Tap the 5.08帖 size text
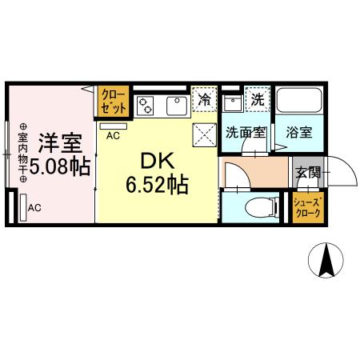(x=58, y=167)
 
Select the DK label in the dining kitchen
(x=157, y=159)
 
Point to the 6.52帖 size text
(x=157, y=186)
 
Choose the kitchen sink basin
(x=175, y=105)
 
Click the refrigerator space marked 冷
(x=205, y=101)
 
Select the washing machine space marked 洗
(x=257, y=101)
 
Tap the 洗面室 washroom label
(x=245, y=133)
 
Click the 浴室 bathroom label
(x=298, y=133)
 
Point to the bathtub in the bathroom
(x=298, y=102)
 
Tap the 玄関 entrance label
(x=307, y=171)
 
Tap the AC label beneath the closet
(x=113, y=137)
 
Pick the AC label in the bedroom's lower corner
(x=34, y=208)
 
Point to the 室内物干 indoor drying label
(x=22, y=152)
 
